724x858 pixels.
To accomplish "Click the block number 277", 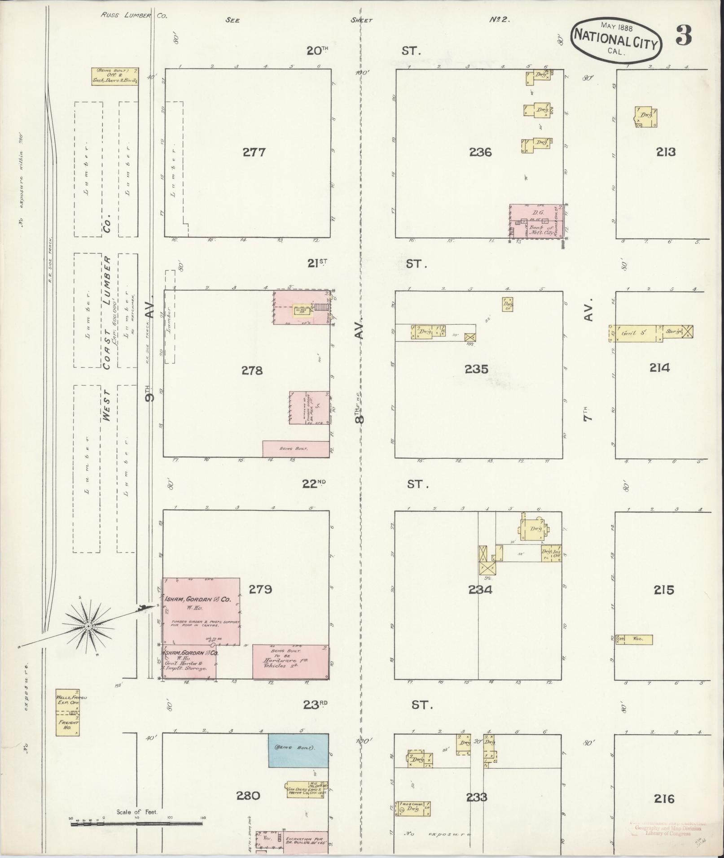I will coord(254,152).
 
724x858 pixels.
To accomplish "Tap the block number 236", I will coord(480,152).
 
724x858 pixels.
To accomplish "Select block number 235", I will coord(476,369).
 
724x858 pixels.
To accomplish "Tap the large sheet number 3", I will coord(684,35).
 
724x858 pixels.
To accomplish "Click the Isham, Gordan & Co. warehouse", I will coord(201,611).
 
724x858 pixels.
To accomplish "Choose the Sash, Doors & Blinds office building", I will coord(114,76).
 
